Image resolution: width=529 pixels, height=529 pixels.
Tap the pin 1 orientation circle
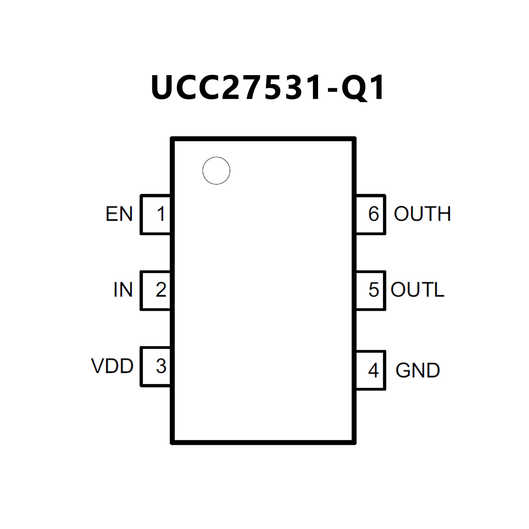point(216,171)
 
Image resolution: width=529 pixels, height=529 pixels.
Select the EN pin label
point(119,214)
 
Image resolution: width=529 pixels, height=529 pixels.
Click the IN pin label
point(123,290)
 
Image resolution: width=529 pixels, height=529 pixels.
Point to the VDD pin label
point(112,366)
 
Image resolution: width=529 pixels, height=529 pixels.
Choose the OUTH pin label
point(422,214)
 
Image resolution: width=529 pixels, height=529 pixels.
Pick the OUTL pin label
point(417,290)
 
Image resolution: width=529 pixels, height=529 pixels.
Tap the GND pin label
point(417,370)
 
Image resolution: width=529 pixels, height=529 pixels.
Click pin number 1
point(161,214)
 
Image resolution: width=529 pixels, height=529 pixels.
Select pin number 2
point(161,290)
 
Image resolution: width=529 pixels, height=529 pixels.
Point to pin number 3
point(161,366)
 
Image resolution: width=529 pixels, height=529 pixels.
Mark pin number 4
point(373,370)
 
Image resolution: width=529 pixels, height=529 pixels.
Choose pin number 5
point(374,290)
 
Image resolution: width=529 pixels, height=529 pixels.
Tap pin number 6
point(374,214)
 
